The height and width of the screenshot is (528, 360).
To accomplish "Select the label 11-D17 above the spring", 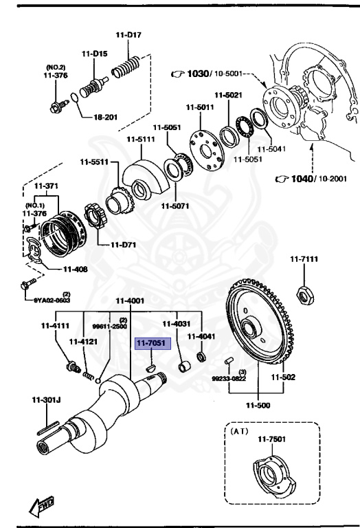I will (128, 35).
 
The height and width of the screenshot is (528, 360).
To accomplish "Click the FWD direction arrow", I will (41, 507).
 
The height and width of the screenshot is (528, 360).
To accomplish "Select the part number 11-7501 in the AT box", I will (271, 439).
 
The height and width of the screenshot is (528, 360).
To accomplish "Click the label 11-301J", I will (46, 400).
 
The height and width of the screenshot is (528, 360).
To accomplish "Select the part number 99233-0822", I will (227, 378).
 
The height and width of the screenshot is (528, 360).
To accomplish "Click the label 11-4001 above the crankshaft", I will (130, 300).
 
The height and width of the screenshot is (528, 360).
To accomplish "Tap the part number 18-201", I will (106, 118).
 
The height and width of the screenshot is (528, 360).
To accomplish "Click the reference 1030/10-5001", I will (205, 74).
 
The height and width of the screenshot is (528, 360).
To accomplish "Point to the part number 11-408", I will (75, 269).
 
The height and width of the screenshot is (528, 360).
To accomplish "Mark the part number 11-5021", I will (228, 95).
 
